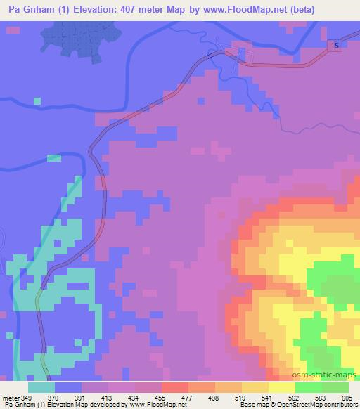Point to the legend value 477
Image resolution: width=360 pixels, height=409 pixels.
tap(188, 397)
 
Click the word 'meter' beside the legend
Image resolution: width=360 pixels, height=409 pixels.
tap(11, 397)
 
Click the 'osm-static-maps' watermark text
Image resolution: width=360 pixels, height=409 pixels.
tap(330, 375)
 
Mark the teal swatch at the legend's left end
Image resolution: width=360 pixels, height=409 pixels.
tap(41, 387)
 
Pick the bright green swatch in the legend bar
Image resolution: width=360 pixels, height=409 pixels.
tap(309, 387)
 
